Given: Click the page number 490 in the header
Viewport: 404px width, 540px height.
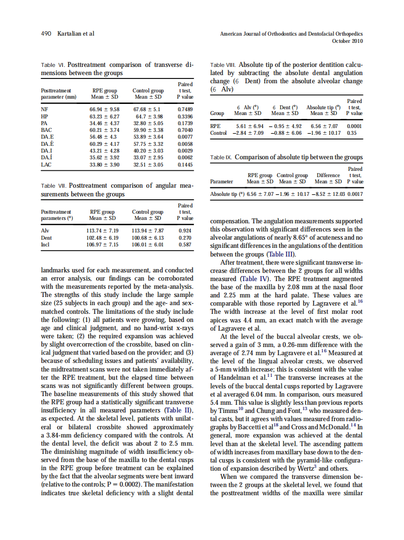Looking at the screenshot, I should coord(46,34).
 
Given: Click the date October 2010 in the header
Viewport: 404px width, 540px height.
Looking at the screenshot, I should coord(348,41).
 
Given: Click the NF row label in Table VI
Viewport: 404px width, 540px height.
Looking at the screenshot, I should coord(45,110).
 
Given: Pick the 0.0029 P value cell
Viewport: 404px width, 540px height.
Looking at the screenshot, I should coord(185,151).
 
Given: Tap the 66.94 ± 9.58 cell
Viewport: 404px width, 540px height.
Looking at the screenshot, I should coord(104,110).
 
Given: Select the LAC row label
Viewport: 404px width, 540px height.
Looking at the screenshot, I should coord(46,164).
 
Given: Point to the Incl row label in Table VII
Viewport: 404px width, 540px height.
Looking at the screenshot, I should coord(46,244).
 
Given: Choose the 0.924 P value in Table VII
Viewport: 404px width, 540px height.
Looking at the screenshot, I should coord(185,231).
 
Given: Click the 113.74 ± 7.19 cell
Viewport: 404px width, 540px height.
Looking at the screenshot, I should coord(102,231).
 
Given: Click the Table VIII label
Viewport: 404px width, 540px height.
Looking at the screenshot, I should coord(224,64).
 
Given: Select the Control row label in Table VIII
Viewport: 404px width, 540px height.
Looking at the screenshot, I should coord(218,132).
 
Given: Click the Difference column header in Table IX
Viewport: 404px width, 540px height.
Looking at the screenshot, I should coord(328,176).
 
